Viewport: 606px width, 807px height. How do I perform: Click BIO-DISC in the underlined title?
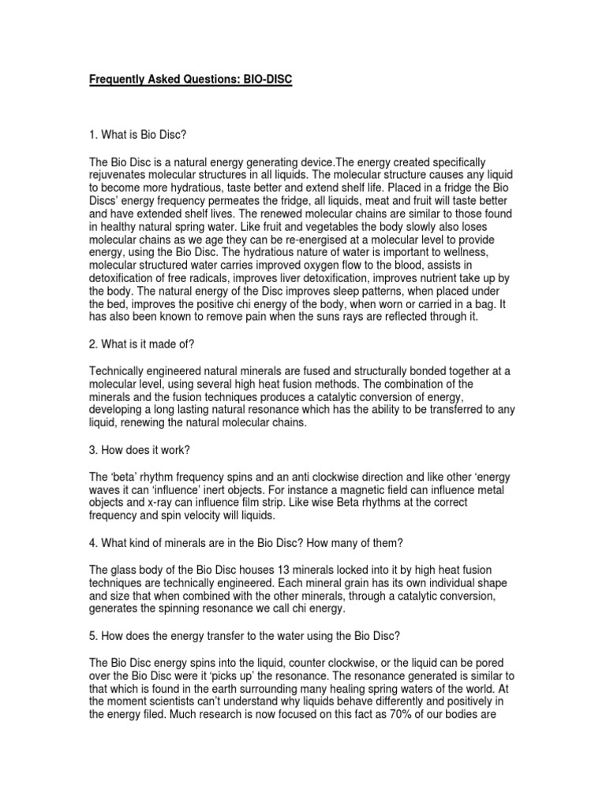pos(264,80)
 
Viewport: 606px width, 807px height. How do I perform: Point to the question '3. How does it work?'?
pos(137,453)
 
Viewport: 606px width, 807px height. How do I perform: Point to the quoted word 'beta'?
pos(125,478)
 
